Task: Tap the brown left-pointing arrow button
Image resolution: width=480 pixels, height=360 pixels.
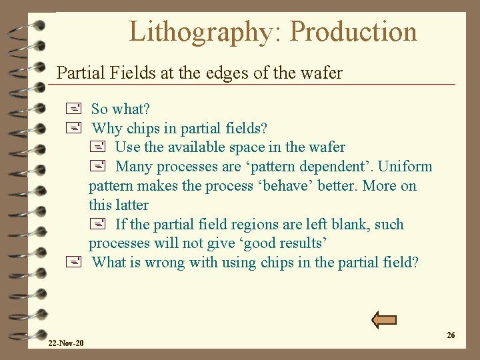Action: [384, 320]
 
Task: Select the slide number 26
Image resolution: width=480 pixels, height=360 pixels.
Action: [451, 335]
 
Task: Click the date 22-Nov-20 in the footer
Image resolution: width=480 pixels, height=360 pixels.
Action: [66, 343]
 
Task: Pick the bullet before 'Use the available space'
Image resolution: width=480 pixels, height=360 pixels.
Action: [98, 147]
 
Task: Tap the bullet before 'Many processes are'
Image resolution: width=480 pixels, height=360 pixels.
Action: [98, 166]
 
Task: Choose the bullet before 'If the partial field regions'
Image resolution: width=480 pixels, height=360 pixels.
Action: [98, 225]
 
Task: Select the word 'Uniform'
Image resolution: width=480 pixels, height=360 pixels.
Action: [405, 166]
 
